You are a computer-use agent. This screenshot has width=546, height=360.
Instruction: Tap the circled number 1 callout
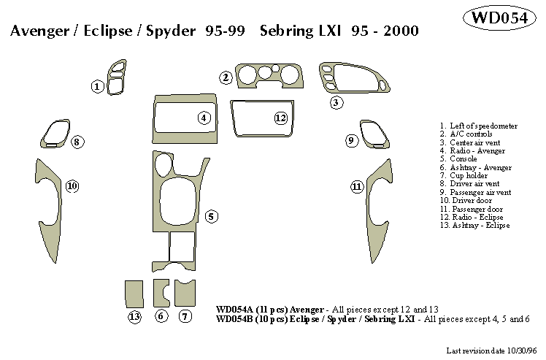pyautogui.click(x=97, y=87)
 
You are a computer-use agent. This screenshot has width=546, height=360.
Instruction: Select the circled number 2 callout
pyautogui.click(x=226, y=77)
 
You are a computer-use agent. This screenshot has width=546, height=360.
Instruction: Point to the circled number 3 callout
pyautogui.click(x=336, y=102)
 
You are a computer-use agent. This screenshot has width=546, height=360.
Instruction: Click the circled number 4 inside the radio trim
pyautogui.click(x=204, y=118)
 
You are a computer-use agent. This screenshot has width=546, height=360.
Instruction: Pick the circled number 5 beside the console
pyautogui.click(x=210, y=216)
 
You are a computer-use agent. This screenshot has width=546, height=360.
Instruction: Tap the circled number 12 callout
pyautogui.click(x=281, y=118)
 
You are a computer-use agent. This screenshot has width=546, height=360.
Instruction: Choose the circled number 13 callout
pyautogui.click(x=134, y=316)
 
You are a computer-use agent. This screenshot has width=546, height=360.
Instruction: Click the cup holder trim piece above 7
pyautogui.click(x=185, y=293)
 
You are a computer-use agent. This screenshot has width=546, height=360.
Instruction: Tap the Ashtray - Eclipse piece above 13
pyautogui.click(x=134, y=293)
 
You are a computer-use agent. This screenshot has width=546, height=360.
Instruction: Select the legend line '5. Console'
pyautogui.click(x=458, y=158)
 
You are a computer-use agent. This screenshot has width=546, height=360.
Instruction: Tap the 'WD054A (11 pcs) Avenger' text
pyautogui.click(x=270, y=310)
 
